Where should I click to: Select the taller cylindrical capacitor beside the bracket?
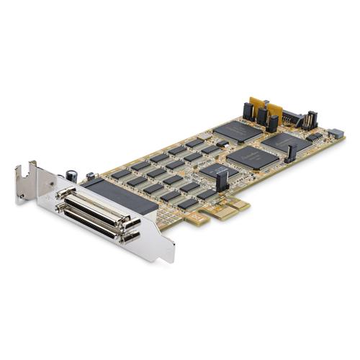pyautogui.click(x=72, y=175)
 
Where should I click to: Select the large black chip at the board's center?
pyautogui.click(x=252, y=157)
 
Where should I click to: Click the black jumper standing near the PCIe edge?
pyautogui.click(x=222, y=181)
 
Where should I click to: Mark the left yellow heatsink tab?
pyautogui.click(x=256, y=105)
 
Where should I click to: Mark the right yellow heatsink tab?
pyautogui.click(x=274, y=111)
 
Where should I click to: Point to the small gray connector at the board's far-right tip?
pyautogui.click(x=336, y=133)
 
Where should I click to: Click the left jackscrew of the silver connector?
pyautogui.click(x=60, y=194)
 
